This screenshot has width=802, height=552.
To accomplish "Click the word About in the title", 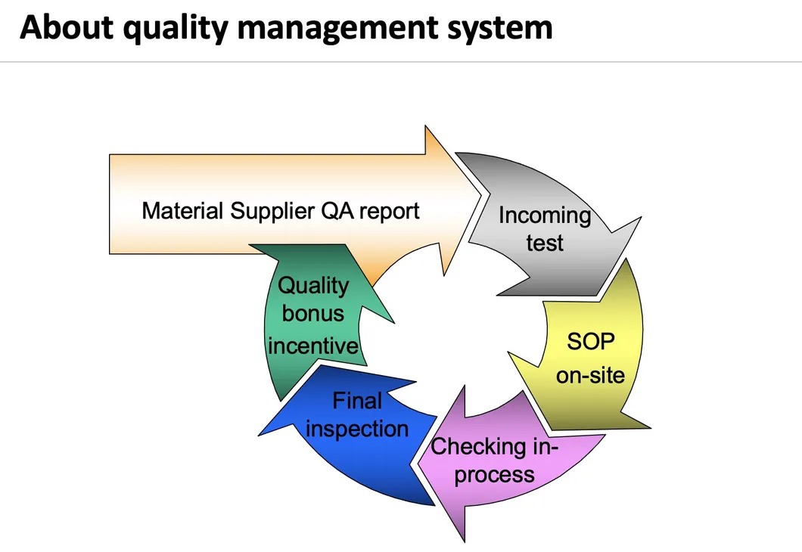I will coord(66,28).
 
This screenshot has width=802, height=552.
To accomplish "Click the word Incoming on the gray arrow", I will coord(544,216).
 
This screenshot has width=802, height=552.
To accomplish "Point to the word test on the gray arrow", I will coord(545,243).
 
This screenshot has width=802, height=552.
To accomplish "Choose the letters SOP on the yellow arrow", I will coord(591,341).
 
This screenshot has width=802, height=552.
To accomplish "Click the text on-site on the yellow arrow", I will coord(590,374).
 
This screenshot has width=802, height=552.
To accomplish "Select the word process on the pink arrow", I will coord(495,475).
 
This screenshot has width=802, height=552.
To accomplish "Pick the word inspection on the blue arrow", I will coord(357,429).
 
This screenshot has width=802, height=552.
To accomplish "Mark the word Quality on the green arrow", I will coord(313,285).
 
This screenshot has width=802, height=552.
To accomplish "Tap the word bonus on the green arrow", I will coord(312,314).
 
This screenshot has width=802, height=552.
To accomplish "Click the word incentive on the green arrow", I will coord(312,346).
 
